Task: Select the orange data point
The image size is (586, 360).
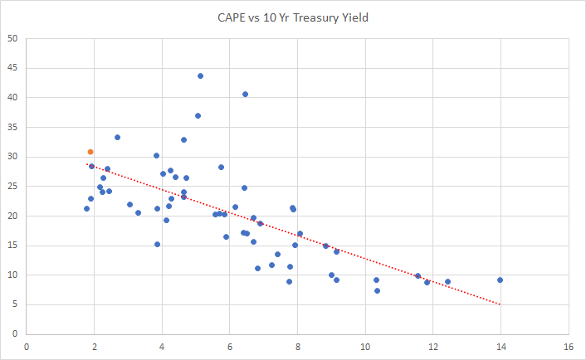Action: (x=90, y=152)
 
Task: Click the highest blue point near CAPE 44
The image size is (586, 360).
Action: (x=200, y=76)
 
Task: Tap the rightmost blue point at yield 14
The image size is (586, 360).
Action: (x=500, y=280)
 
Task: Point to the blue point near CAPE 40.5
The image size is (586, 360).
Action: (x=245, y=95)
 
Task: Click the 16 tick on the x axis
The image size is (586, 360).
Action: (x=568, y=346)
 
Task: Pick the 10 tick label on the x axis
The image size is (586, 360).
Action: (x=364, y=346)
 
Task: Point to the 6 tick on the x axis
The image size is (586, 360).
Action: (x=230, y=346)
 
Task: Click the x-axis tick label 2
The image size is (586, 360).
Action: (x=95, y=346)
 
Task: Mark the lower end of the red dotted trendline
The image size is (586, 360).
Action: (x=500, y=304)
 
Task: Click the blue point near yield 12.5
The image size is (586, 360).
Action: (x=447, y=282)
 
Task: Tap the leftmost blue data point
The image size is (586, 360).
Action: (x=86, y=208)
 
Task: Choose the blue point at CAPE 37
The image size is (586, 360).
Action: (x=198, y=115)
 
